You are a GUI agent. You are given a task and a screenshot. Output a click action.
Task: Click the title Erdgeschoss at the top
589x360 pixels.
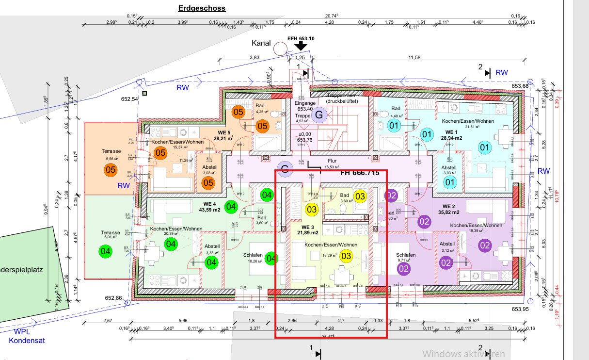(202, 8)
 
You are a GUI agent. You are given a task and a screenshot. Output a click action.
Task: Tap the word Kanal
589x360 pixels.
(260, 44)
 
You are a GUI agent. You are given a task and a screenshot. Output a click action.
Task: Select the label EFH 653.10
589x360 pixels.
(301, 38)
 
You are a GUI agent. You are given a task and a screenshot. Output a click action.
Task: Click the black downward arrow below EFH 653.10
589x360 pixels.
(301, 46)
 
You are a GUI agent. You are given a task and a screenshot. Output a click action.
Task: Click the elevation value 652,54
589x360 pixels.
(130, 99)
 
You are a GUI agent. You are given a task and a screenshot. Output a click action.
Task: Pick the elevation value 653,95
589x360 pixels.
(519, 309)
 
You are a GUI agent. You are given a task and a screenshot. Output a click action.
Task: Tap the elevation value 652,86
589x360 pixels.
(113, 298)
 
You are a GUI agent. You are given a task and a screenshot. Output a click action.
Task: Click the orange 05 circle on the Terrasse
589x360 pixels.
(111, 170)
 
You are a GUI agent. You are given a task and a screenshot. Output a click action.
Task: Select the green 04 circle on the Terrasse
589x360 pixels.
(105, 251)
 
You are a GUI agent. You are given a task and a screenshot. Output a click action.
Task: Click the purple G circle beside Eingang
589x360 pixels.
(319, 115)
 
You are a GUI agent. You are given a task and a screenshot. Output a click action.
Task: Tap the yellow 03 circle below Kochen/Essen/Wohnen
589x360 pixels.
(346, 256)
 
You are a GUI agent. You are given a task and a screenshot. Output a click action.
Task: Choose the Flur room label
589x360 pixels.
(332, 161)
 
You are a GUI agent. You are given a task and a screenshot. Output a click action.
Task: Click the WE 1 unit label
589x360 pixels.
(451, 132)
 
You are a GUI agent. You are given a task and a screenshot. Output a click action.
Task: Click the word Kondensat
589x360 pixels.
(27, 341)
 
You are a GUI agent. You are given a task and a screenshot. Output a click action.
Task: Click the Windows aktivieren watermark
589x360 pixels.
(463, 354)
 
